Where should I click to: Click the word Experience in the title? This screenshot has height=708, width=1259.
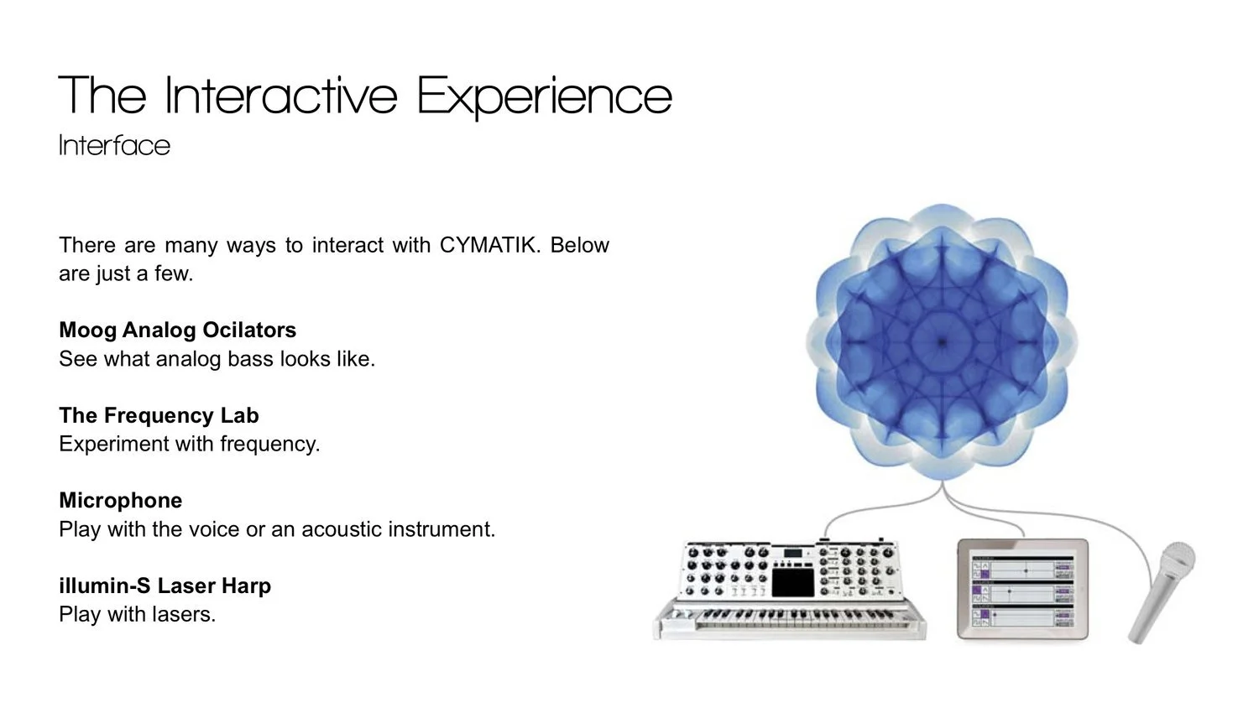[544, 96]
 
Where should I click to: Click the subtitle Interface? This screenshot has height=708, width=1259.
[115, 145]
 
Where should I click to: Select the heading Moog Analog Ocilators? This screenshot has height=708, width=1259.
[178, 330]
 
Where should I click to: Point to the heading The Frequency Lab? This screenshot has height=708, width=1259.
[159, 415]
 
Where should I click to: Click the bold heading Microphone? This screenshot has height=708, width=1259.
[121, 500]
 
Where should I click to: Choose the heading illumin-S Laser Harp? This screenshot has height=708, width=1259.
[165, 586]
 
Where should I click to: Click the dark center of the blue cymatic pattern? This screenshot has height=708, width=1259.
[942, 341]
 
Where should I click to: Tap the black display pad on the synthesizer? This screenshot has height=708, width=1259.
[792, 583]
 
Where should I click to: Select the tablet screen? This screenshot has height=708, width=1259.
[1022, 590]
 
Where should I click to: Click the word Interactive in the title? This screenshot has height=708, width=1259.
[281, 96]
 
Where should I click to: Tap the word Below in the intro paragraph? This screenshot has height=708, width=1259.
[579, 245]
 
